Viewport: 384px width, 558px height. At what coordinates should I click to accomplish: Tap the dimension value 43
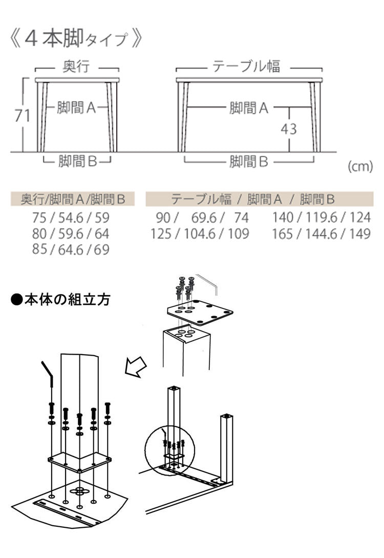(289, 129)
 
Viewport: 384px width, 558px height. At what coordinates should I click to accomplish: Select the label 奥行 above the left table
(76, 67)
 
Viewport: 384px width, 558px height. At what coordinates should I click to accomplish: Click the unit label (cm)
(360, 167)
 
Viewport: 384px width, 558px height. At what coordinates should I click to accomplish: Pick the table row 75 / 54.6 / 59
(71, 218)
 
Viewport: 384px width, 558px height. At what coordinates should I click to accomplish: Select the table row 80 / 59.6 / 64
(71, 234)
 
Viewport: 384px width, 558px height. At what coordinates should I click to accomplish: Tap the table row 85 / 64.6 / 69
(71, 250)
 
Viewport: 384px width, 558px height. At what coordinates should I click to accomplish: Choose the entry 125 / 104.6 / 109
(200, 234)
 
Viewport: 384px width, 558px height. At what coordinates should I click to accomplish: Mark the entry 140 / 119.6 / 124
(321, 218)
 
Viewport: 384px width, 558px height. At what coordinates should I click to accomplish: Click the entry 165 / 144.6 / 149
(321, 234)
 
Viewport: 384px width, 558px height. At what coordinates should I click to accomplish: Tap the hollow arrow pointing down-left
(136, 366)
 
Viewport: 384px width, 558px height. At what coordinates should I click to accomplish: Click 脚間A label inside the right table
(249, 108)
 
